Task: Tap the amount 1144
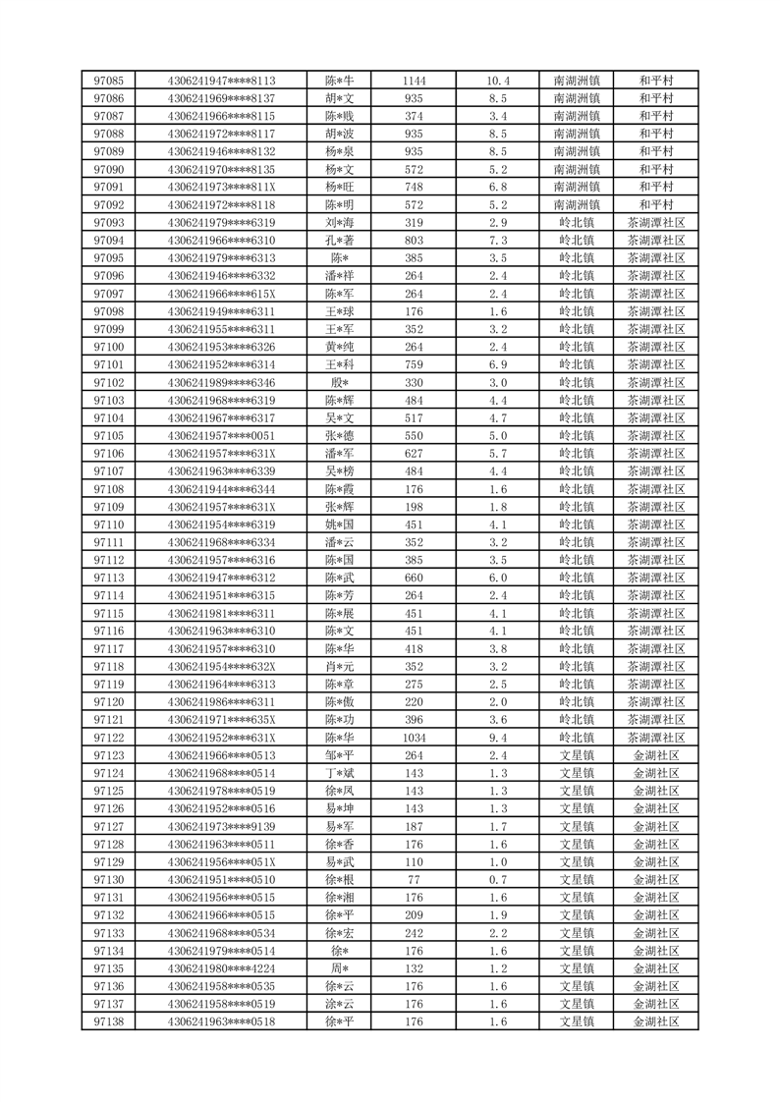[414, 81]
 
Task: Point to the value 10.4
[497, 81]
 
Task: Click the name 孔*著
[339, 241]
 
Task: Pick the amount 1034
[414, 738]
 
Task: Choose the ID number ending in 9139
[221, 826]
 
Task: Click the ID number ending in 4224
[221, 968]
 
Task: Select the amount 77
[414, 879]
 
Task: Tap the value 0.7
[497, 879]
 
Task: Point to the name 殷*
[339, 382]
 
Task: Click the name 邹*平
[339, 755]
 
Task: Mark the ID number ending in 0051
[221, 435]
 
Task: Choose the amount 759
[414, 364]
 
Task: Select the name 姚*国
[339, 524]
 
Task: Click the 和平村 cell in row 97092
[655, 204]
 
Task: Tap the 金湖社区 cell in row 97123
[655, 755]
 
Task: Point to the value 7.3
[497, 241]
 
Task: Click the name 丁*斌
[339, 773]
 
